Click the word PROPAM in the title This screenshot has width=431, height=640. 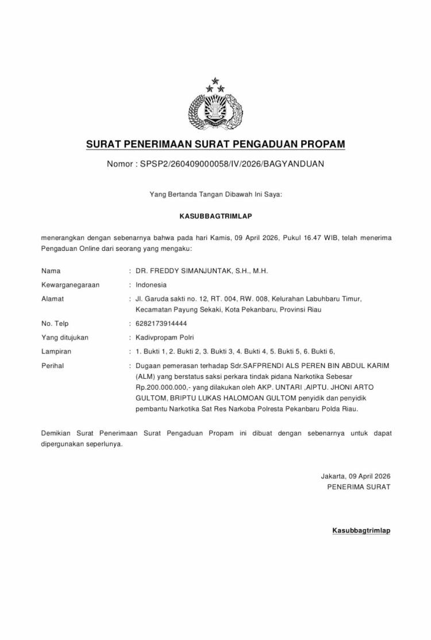[318, 143]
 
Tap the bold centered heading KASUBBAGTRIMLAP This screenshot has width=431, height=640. [215, 216]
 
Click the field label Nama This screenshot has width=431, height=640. [51, 270]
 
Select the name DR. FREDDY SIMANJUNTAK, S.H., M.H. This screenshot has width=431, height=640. [202, 270]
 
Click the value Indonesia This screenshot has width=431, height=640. [151, 285]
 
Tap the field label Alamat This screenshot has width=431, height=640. [53, 298]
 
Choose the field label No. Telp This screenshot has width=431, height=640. [55, 324]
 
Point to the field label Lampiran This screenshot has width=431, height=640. [56, 351]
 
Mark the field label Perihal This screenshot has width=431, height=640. [53, 366]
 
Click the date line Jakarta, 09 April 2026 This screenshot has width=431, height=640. [355, 476]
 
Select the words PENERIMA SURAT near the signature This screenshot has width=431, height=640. [358, 487]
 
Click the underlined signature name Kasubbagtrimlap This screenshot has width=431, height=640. [361, 530]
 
